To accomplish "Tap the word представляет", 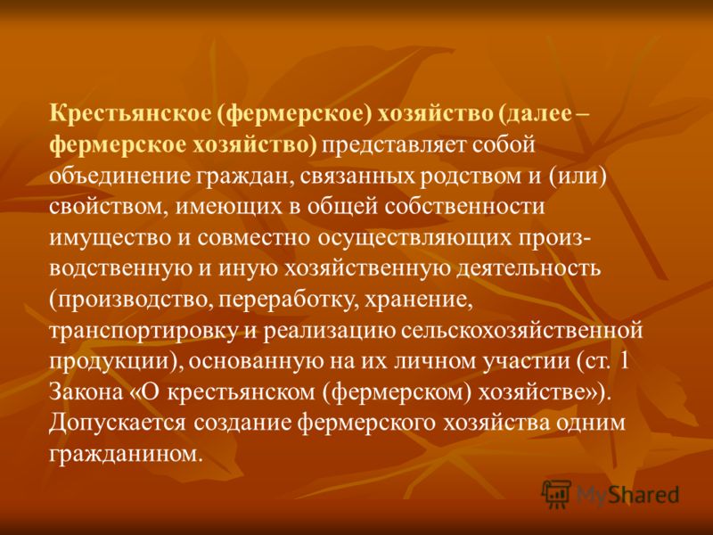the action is (393, 146).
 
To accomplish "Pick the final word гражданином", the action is (125, 454).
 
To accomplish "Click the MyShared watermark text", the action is (628, 495).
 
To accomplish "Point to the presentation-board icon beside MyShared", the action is (556, 494).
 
